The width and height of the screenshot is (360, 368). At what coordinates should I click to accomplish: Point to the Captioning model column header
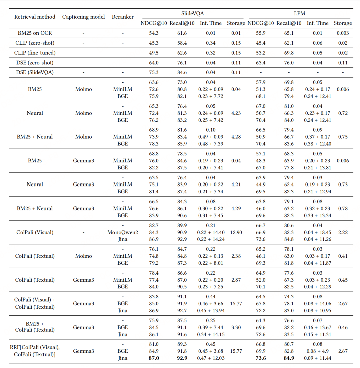pyautogui.click(x=83, y=17)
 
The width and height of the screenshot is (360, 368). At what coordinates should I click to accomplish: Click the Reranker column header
pyautogui.click(x=123, y=17)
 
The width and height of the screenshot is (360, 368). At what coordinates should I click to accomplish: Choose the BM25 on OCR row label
pyautogui.click(x=35, y=33)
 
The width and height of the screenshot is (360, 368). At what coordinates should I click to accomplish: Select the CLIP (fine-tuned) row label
pyautogui.click(x=35, y=53)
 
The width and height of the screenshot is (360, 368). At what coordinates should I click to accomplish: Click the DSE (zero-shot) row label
pyautogui.click(x=35, y=63)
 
